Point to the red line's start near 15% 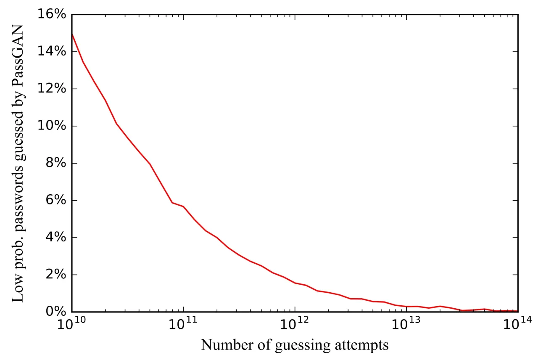click(x=72, y=34)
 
